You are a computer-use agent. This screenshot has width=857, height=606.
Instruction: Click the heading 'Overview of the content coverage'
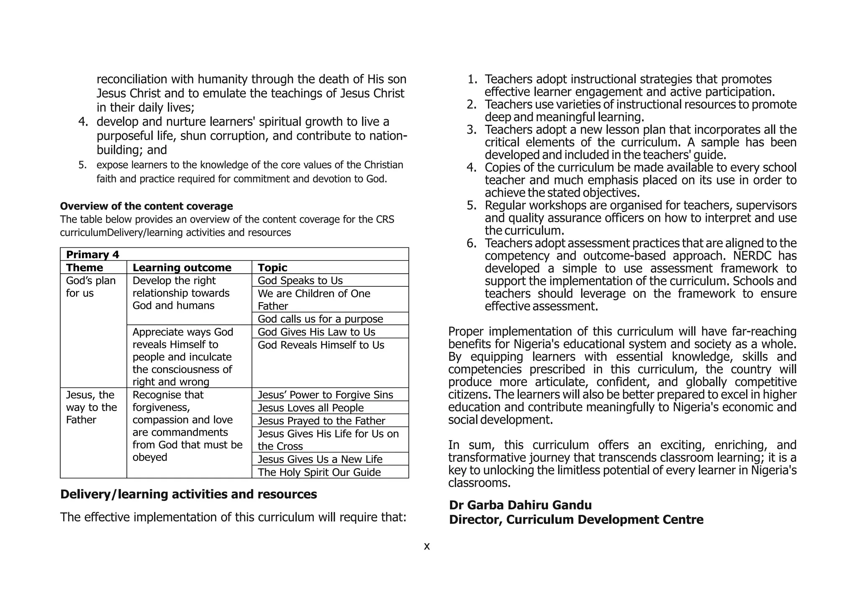pos(146,206)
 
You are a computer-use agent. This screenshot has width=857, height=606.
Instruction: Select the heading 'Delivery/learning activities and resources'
pos(188,494)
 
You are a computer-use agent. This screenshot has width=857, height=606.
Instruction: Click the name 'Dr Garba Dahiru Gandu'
pos(520,505)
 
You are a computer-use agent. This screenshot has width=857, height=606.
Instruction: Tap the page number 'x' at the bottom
pos(427,546)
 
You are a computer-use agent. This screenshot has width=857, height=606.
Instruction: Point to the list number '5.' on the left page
pos(82,165)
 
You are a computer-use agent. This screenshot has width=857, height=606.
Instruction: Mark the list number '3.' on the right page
pos(472,130)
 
